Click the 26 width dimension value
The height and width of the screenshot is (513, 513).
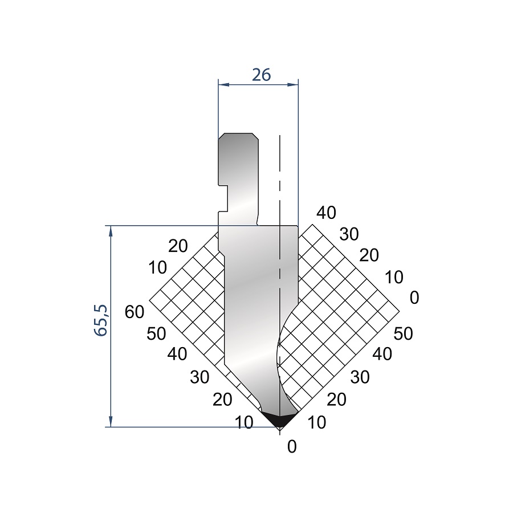[x=262, y=75]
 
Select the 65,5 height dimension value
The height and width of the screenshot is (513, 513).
[x=101, y=320]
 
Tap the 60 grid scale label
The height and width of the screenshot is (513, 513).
[x=134, y=312]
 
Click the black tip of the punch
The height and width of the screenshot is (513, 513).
[x=280, y=420]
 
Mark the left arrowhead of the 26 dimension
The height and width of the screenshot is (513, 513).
[x=223, y=85]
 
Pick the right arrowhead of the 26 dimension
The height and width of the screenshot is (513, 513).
[x=293, y=85]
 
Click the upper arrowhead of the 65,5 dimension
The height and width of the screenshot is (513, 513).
[x=111, y=231]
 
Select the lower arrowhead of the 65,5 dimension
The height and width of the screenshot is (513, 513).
[x=111, y=422]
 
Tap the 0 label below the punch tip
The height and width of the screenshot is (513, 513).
[x=292, y=446]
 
